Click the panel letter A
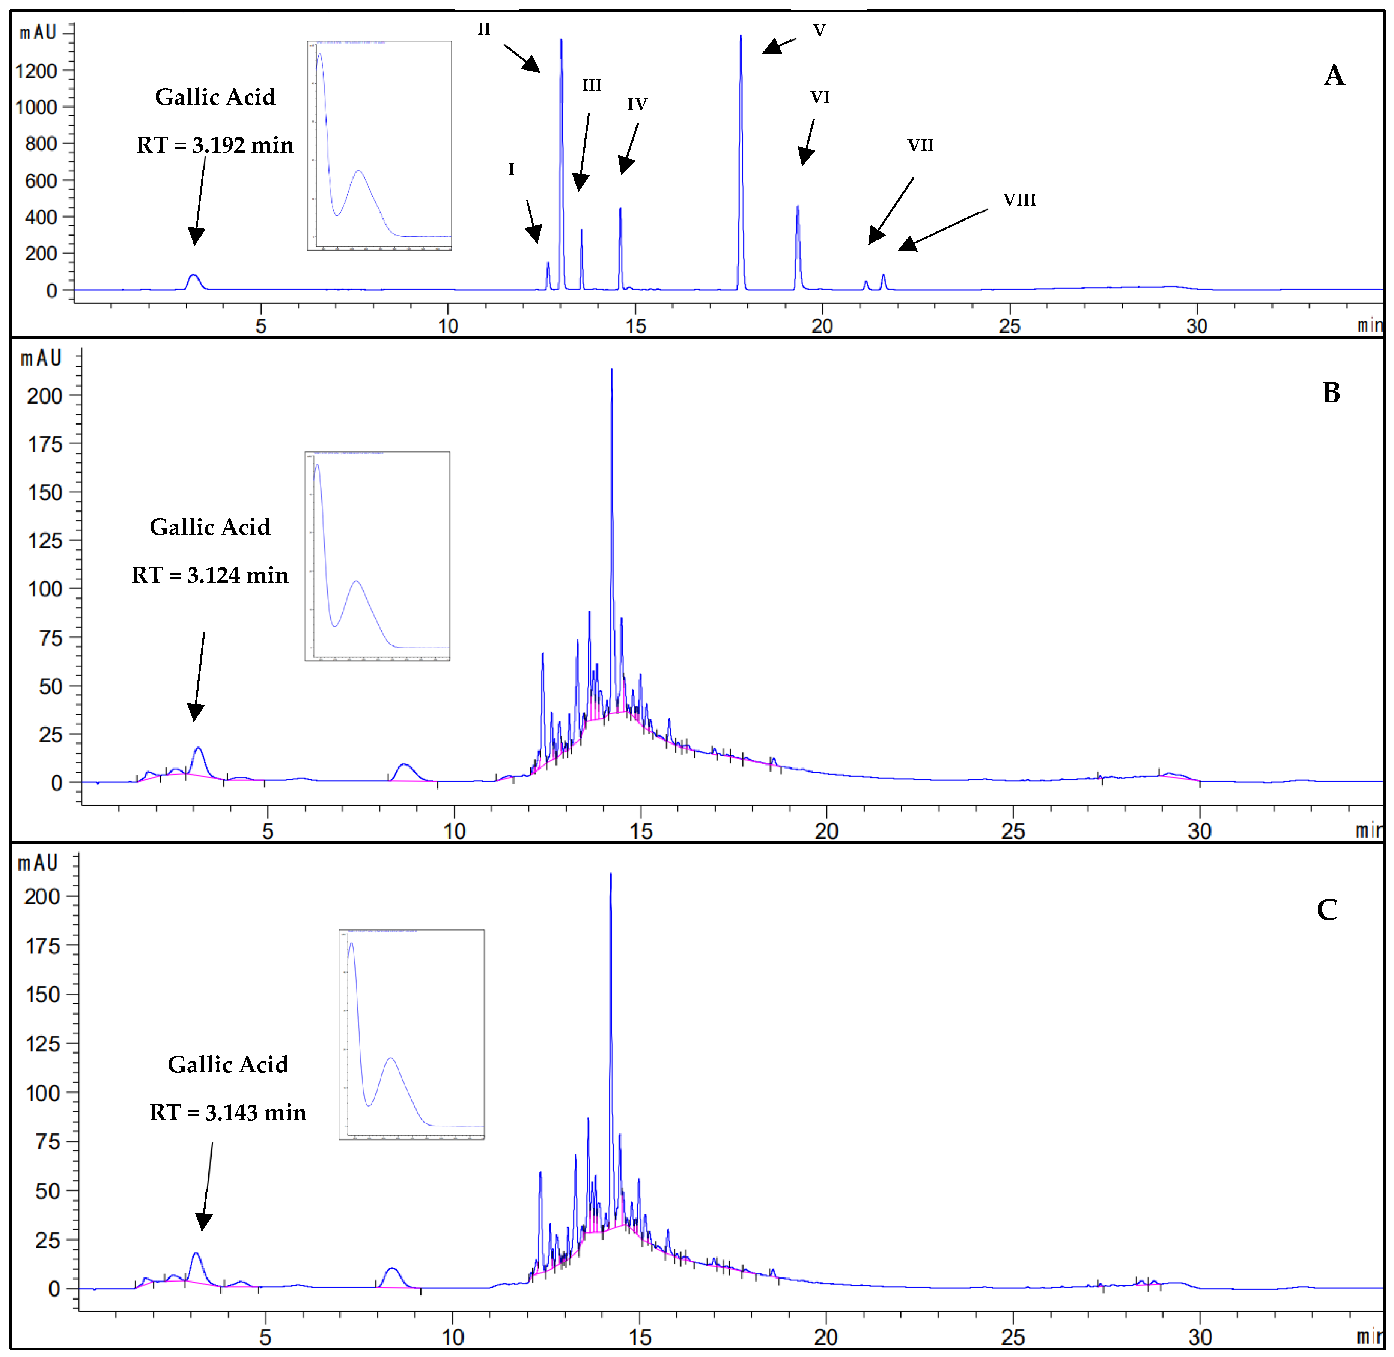click(x=1334, y=75)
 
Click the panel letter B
click(x=1331, y=393)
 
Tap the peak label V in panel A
click(x=819, y=31)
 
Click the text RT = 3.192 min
click(x=215, y=146)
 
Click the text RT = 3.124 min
click(x=210, y=575)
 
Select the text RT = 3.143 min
click(x=227, y=1112)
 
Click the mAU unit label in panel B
click(x=41, y=359)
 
